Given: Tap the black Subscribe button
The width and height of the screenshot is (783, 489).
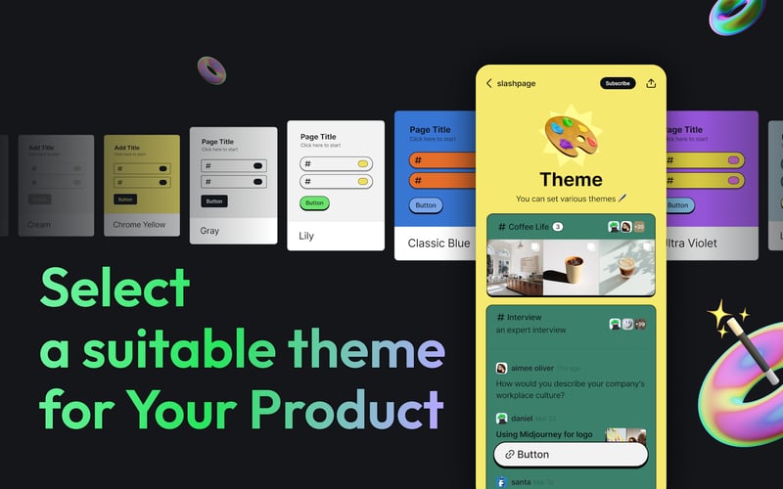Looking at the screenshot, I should coord(618,83).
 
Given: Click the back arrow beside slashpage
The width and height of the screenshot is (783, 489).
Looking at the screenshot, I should coord(489,83).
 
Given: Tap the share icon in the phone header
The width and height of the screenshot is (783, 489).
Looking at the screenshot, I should coord(652,83).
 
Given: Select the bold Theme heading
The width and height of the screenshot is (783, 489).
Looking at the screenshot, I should coord(571,179).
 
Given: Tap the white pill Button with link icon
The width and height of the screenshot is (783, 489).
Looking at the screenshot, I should coord(571,454).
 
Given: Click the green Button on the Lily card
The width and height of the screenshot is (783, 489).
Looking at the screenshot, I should coord(314,203).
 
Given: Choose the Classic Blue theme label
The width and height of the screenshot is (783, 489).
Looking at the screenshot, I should coord(438,243).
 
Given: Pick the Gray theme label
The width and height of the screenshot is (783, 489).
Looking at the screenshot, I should coord(209,231).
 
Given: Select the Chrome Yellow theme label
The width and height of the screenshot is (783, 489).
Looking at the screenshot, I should coord(139,225).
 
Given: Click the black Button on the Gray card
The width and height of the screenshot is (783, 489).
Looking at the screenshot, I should coord(214,200).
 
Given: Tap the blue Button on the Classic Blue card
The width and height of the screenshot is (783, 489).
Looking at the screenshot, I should coord(426,205).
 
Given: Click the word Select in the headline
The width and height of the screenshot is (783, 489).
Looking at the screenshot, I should coord(115,289).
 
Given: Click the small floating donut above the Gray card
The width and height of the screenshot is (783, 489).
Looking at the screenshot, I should coord(211,69).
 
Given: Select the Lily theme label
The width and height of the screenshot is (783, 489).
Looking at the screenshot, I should coord(307,236).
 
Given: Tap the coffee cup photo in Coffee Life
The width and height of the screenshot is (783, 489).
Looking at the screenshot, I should coord(571,267).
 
